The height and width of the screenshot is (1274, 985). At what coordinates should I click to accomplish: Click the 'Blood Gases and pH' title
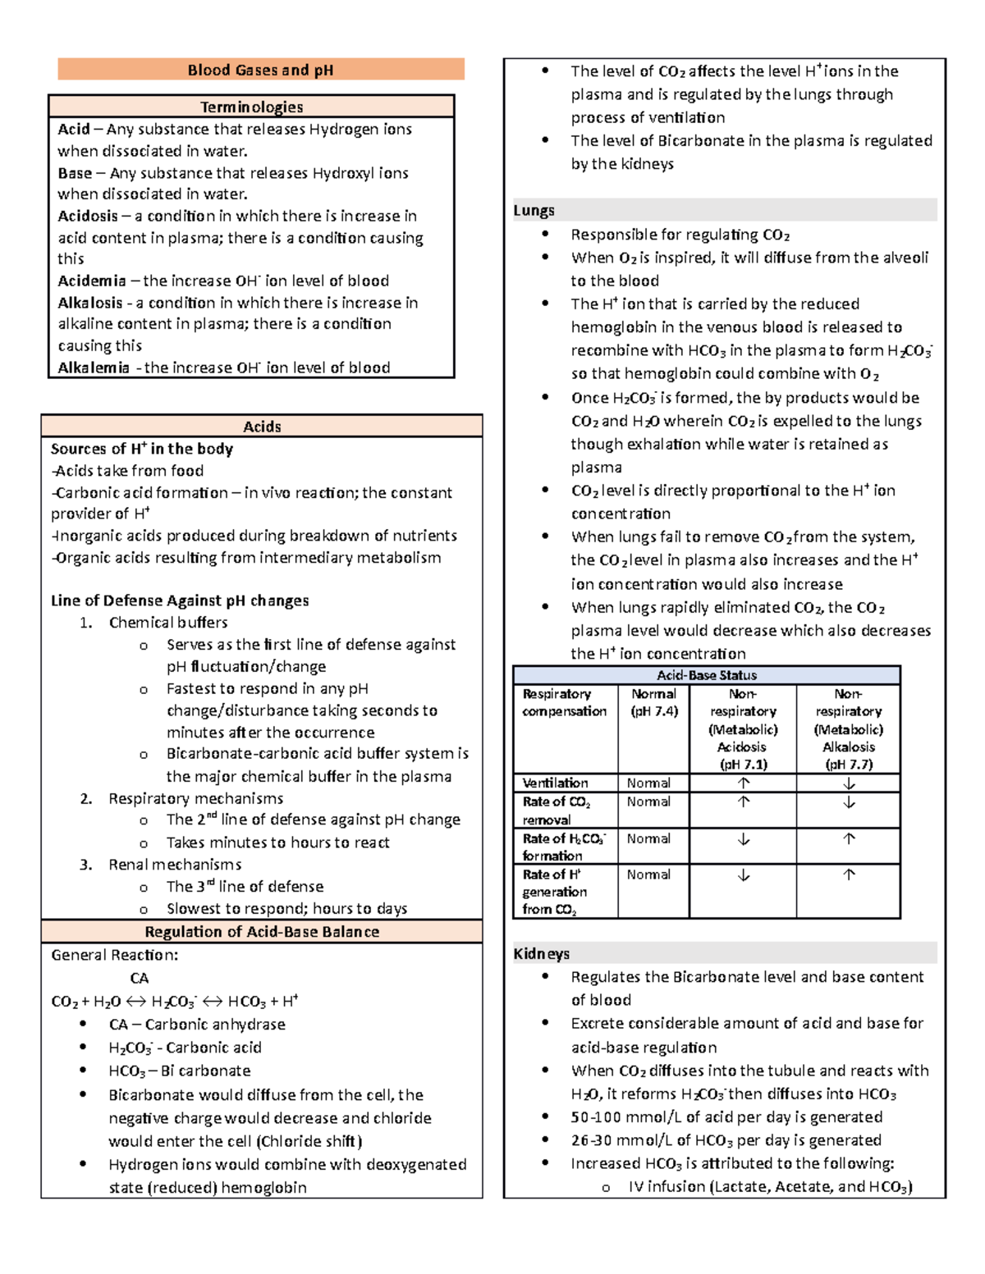click(260, 70)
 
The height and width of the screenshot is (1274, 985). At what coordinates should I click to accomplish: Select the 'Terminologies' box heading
click(251, 107)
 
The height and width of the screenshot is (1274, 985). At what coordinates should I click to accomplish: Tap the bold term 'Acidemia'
click(92, 281)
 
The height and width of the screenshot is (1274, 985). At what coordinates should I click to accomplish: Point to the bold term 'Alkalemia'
click(94, 368)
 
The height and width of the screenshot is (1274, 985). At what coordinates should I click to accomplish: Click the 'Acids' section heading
click(262, 427)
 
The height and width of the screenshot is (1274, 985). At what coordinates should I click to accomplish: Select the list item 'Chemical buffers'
click(168, 623)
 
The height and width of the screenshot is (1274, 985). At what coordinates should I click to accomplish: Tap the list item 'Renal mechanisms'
click(175, 865)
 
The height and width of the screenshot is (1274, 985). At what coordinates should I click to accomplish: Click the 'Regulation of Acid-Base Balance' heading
click(262, 932)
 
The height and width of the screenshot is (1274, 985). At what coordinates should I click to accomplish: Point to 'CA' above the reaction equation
click(140, 978)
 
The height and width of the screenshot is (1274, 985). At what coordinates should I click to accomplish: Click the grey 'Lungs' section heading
click(534, 210)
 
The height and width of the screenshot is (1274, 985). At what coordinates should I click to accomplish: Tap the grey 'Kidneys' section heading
click(541, 953)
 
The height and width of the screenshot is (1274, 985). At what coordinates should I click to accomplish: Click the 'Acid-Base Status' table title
click(707, 675)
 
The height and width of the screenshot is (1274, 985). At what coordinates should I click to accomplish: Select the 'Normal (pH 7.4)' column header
click(653, 702)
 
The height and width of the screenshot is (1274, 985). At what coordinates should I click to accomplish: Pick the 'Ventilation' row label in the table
click(555, 783)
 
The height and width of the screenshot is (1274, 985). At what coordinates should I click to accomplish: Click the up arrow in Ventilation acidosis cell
click(743, 783)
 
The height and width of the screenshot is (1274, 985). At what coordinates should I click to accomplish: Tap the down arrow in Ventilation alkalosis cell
click(849, 783)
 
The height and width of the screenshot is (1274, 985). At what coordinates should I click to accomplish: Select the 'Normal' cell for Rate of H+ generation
click(648, 874)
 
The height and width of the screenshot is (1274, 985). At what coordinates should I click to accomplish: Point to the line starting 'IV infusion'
click(770, 1186)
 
